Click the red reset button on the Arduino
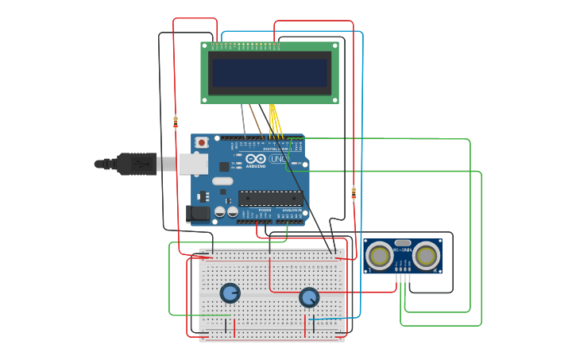click(x=202, y=142)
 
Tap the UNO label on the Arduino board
click(x=279, y=158)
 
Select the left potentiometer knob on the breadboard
click(x=230, y=293)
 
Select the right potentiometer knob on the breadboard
click(x=309, y=297)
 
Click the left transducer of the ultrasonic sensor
click(x=379, y=256)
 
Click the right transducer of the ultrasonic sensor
click(x=427, y=256)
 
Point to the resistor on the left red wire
click(x=176, y=122)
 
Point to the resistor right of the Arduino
click(x=354, y=192)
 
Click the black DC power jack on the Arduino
click(x=197, y=213)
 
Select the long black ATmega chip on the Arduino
click(x=270, y=198)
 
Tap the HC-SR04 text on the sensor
click(x=403, y=250)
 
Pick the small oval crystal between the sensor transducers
click(x=403, y=242)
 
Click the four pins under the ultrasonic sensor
click(x=403, y=277)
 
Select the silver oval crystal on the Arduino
click(x=222, y=181)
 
